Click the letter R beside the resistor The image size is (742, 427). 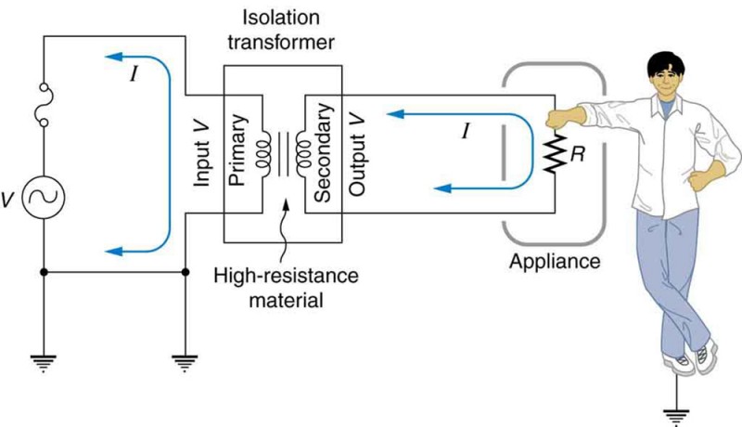click(576, 154)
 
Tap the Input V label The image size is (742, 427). click(203, 151)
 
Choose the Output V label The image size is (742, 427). click(358, 151)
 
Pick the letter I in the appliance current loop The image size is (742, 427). click(466, 131)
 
